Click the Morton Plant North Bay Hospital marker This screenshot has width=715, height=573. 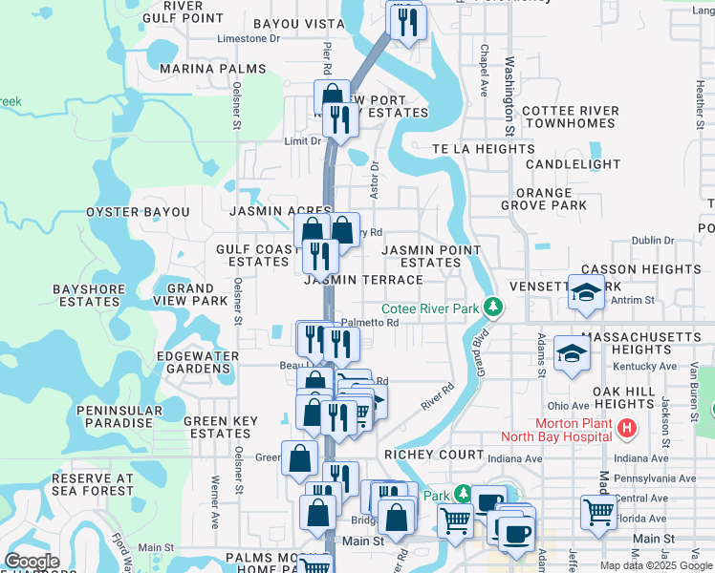[x=627, y=429]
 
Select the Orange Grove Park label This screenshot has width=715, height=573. [x=544, y=199]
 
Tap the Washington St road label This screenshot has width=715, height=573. [x=509, y=95]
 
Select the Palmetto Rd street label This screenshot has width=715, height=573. [x=369, y=323]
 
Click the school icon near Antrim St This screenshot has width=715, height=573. [x=586, y=292]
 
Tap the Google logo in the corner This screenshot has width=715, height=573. [x=32, y=562]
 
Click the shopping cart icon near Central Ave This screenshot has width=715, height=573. [x=599, y=511]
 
